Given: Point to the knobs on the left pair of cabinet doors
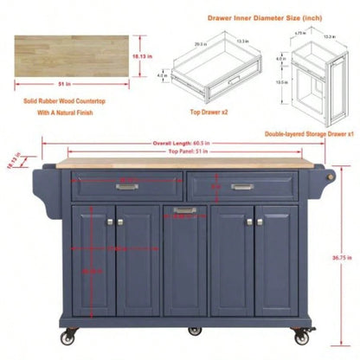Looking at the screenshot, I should pos(111,222).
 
